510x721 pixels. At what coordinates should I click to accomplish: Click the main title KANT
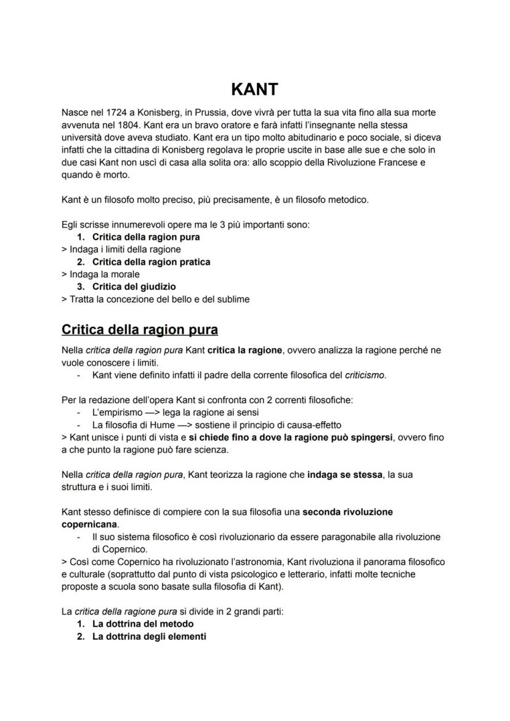(x=254, y=89)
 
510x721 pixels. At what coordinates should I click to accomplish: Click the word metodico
(x=347, y=199)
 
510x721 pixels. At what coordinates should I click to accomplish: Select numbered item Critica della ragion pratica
(x=151, y=262)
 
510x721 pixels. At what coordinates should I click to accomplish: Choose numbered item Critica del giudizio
(x=134, y=286)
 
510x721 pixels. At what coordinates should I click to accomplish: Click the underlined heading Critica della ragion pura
(x=140, y=329)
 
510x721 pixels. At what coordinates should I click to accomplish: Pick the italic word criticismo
(x=365, y=375)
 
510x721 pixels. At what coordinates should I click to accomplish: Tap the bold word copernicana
(x=89, y=524)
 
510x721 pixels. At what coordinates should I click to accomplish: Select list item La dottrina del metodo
(x=143, y=624)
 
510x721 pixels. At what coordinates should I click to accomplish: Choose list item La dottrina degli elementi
(x=149, y=636)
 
